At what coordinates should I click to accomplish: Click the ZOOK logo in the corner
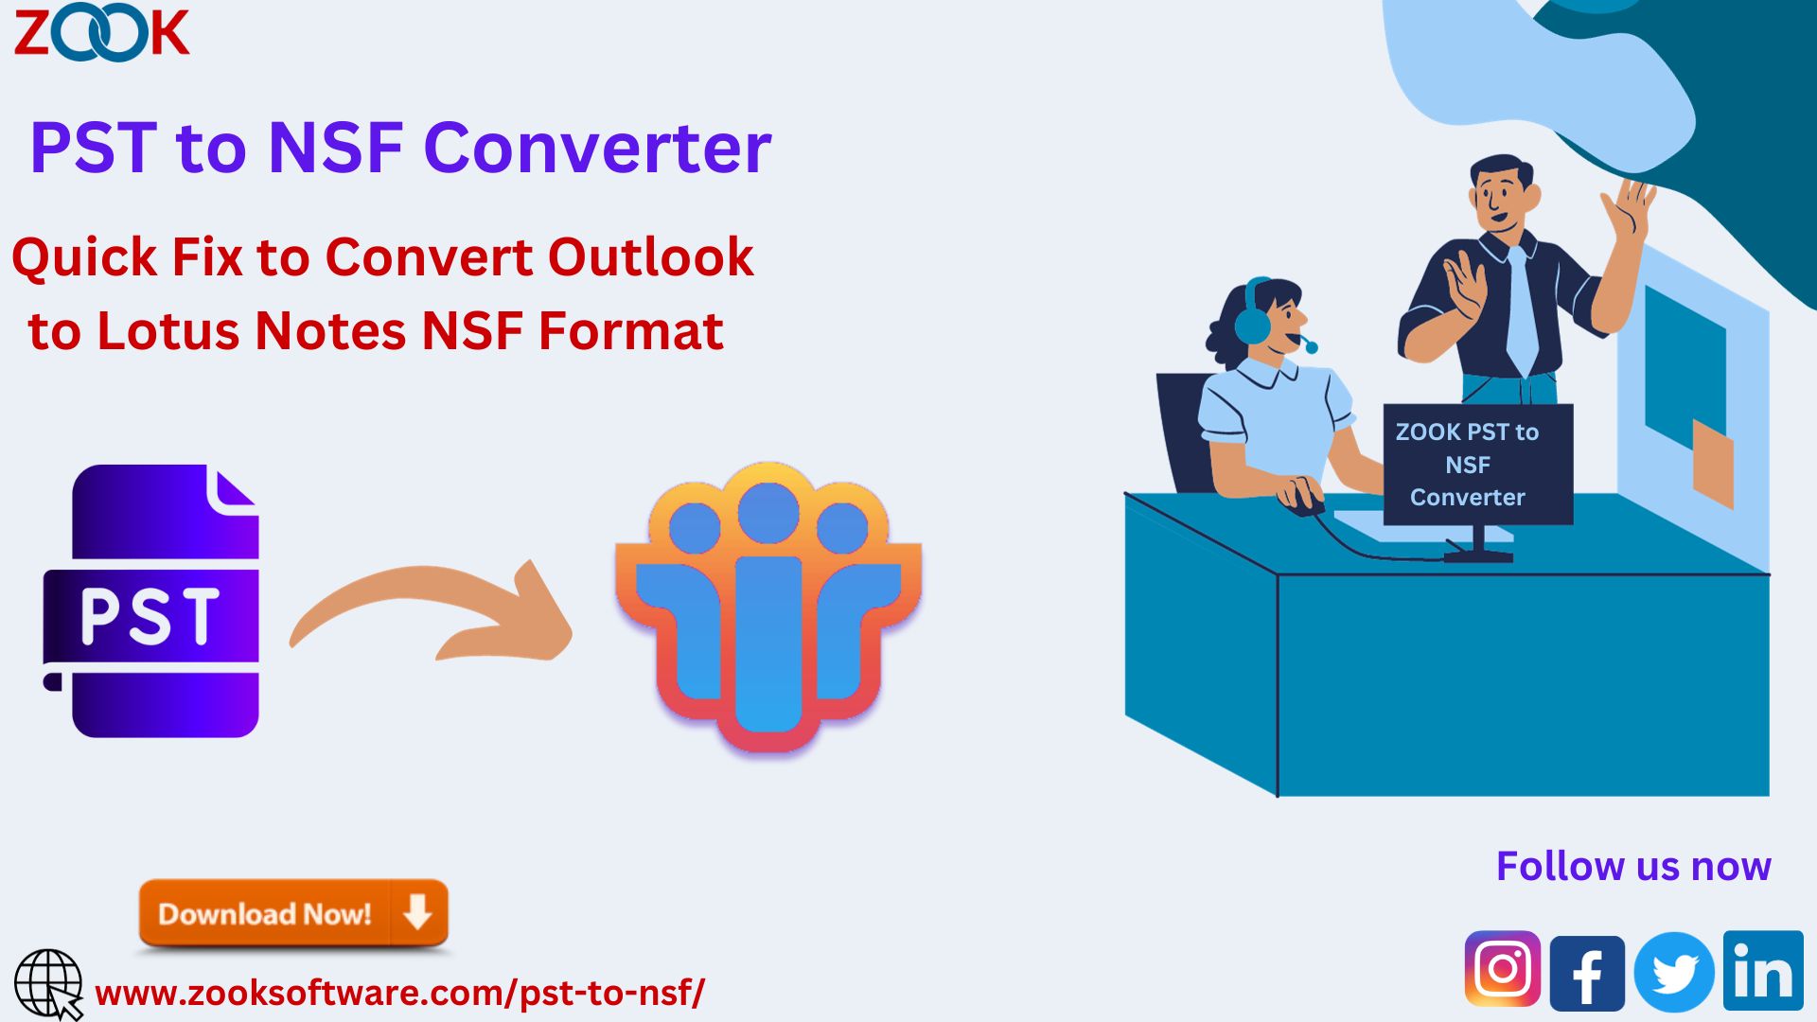(x=101, y=34)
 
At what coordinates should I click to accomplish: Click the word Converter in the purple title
(x=597, y=149)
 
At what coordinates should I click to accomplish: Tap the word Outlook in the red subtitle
(x=650, y=257)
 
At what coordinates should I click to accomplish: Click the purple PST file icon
(x=151, y=601)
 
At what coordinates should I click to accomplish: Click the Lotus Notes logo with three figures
(x=768, y=608)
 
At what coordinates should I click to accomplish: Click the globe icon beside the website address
(x=48, y=985)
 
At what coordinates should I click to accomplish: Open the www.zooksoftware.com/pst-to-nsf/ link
(x=400, y=994)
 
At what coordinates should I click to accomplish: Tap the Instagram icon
(x=1502, y=969)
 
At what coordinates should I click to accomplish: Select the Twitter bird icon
(x=1673, y=972)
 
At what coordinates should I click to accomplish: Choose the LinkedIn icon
(x=1763, y=970)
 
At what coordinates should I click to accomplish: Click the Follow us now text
(x=1633, y=867)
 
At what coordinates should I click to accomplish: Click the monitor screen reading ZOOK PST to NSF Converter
(x=1477, y=464)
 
